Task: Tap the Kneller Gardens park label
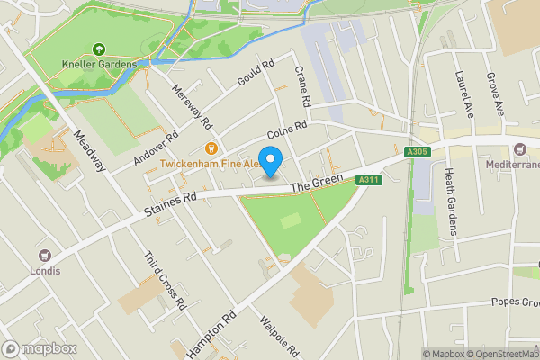point(99,65)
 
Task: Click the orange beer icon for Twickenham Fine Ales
point(211,148)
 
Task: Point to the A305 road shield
point(415,151)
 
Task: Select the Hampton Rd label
point(211,334)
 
